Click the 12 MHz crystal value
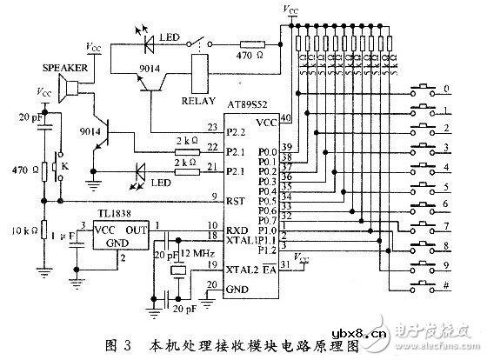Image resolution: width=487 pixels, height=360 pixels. [x=197, y=252]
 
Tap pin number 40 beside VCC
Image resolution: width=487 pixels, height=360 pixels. [x=284, y=118]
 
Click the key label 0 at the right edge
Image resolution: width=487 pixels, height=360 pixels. [x=446, y=89]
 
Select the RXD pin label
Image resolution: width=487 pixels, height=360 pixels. [x=237, y=229]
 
